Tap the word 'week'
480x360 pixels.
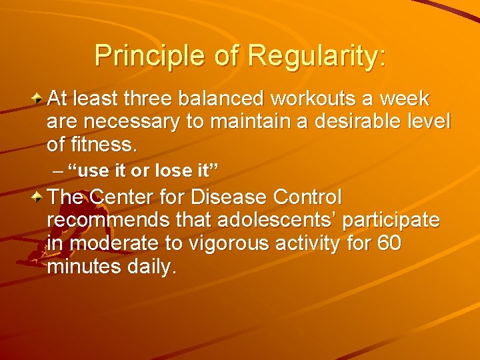(x=407, y=99)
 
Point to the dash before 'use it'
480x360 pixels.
(x=57, y=171)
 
